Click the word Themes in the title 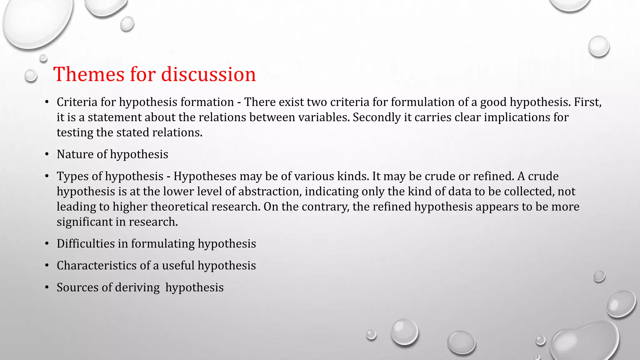[89, 74]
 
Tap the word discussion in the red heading [208, 74]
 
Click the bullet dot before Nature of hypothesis [47, 154]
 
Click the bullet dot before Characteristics [47, 266]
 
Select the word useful [178, 266]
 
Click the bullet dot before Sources [47, 287]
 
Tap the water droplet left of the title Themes [31, 76]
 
